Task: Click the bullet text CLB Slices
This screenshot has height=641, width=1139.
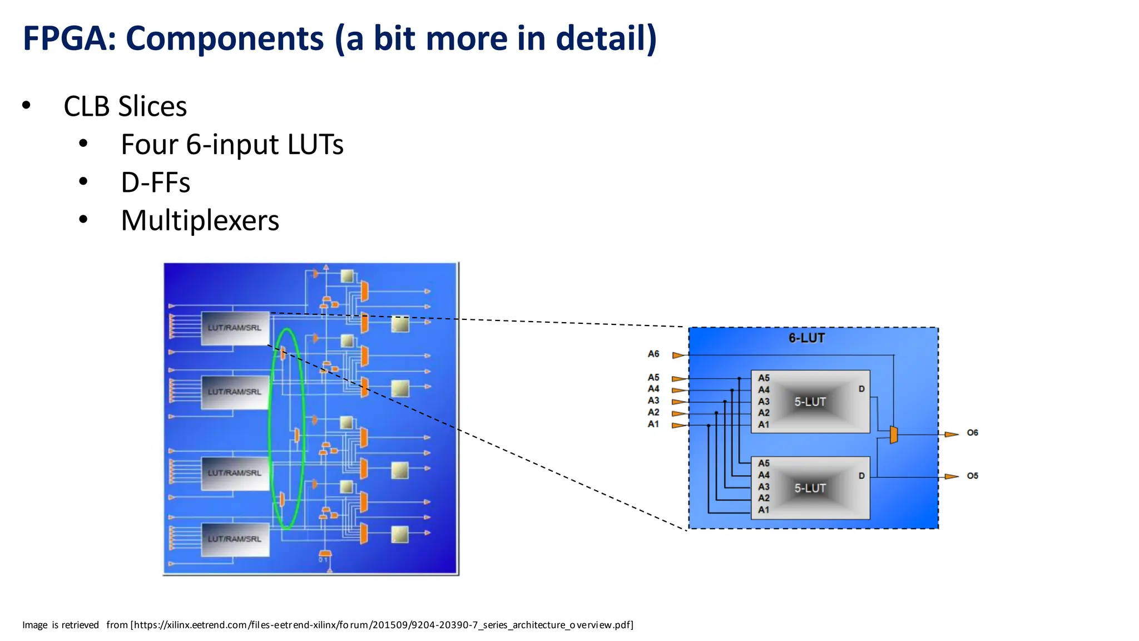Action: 125,106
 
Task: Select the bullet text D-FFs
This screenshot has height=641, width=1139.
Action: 155,183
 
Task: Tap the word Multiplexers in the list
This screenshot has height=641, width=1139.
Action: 200,220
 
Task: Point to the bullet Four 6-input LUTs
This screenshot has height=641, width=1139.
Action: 232,145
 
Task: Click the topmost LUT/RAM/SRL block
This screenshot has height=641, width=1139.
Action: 235,328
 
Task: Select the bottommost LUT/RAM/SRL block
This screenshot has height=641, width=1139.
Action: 235,539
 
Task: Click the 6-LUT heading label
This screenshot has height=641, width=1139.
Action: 806,338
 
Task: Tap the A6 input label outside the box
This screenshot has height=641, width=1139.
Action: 653,354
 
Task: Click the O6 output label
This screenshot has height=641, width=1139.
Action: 972,433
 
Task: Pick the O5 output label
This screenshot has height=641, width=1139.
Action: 972,476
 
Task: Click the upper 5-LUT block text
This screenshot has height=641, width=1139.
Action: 810,402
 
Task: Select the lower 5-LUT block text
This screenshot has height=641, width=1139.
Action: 810,488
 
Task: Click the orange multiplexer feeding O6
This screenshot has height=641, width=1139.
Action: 893,435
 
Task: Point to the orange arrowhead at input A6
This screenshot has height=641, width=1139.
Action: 678,355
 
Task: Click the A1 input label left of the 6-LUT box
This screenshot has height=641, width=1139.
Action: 653,424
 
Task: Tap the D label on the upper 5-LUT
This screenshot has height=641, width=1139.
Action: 861,389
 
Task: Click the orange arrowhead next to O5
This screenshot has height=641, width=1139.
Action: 952,477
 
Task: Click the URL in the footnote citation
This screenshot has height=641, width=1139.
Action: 382,625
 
